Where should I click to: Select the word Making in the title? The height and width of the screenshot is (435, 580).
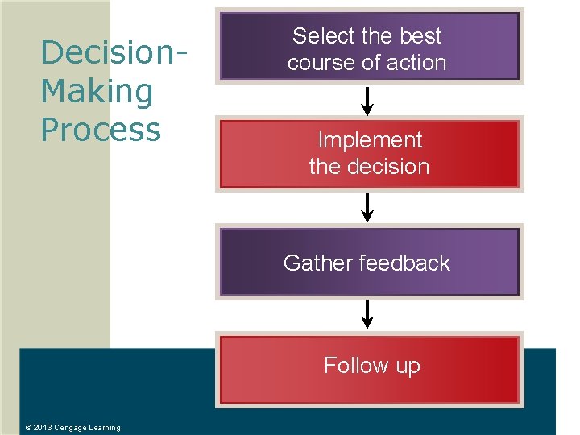pyautogui.click(x=97, y=91)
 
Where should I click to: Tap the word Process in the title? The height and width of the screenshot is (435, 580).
pyautogui.click(x=101, y=129)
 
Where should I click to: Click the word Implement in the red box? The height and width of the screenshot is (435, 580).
pyautogui.click(x=370, y=140)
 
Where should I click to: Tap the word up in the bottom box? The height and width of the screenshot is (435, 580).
pyautogui.click(x=408, y=367)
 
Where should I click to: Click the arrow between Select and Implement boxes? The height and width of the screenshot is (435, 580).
pyautogui.click(x=367, y=101)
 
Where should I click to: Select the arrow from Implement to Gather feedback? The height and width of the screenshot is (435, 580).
pyautogui.click(x=367, y=207)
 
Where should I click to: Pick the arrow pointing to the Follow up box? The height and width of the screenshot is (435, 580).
pyautogui.click(x=367, y=314)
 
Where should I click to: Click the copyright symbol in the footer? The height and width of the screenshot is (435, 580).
pyautogui.click(x=28, y=428)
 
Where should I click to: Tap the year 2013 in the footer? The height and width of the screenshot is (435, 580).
pyautogui.click(x=43, y=428)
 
